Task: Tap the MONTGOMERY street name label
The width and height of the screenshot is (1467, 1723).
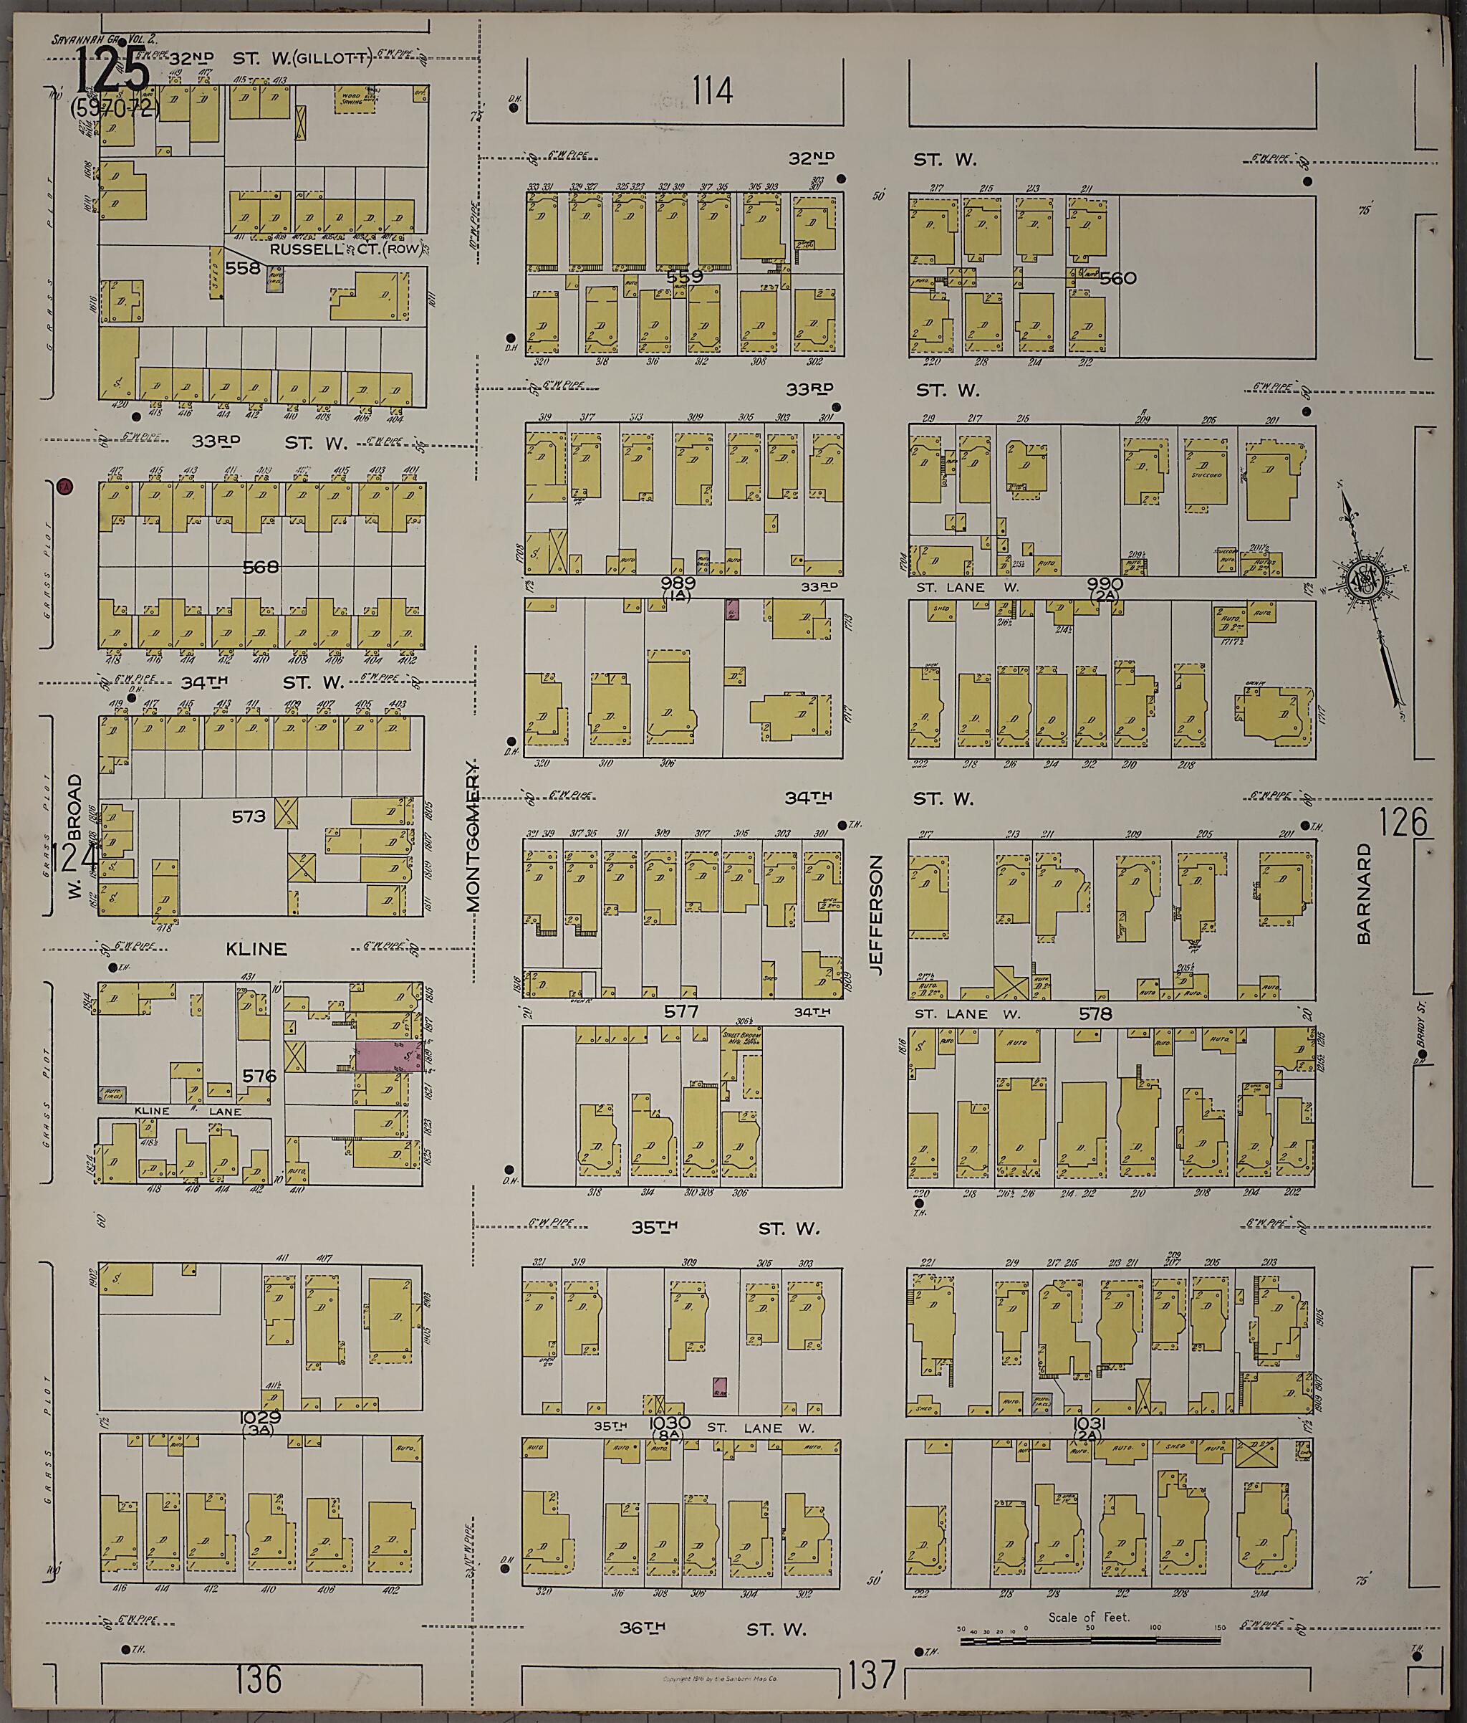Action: pos(473,836)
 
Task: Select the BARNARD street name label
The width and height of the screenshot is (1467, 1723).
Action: pos(1363,893)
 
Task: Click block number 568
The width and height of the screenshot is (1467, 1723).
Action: pos(260,567)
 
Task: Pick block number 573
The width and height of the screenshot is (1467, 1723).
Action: pos(249,816)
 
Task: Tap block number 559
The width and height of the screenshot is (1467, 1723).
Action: pos(684,276)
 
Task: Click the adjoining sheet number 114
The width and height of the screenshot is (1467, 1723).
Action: pos(712,90)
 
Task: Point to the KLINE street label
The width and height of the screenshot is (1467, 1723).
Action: pos(256,948)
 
